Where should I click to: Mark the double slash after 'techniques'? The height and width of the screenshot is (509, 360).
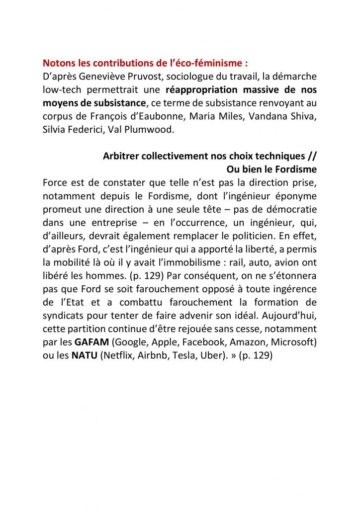click(x=312, y=156)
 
